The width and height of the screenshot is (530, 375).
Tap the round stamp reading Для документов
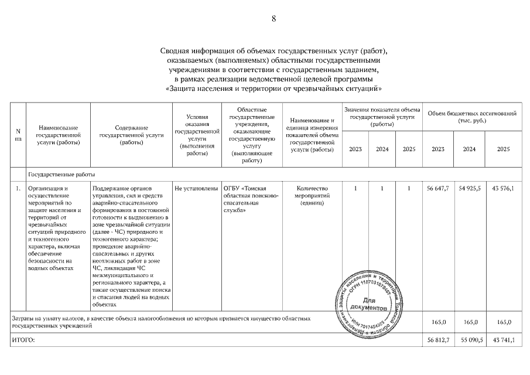tap(367, 305)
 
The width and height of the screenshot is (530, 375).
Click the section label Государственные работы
tap(61, 174)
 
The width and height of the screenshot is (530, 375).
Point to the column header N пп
tap(18, 135)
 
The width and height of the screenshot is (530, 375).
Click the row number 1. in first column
tap(18, 188)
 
